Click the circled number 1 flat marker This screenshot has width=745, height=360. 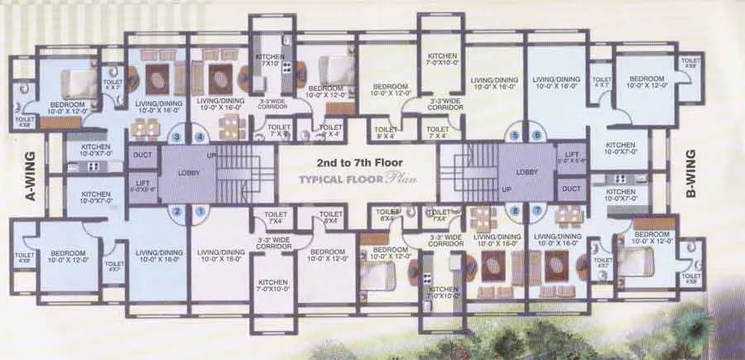tap(199, 211)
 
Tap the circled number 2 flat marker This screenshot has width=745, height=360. tap(176, 211)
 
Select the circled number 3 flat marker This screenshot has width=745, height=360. tap(176, 137)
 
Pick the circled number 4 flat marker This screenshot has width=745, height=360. tap(199, 137)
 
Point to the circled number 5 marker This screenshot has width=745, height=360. tap(515, 136)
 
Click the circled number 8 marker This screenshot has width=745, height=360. tap(515, 211)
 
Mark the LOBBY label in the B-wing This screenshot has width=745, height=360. tap(526, 172)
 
